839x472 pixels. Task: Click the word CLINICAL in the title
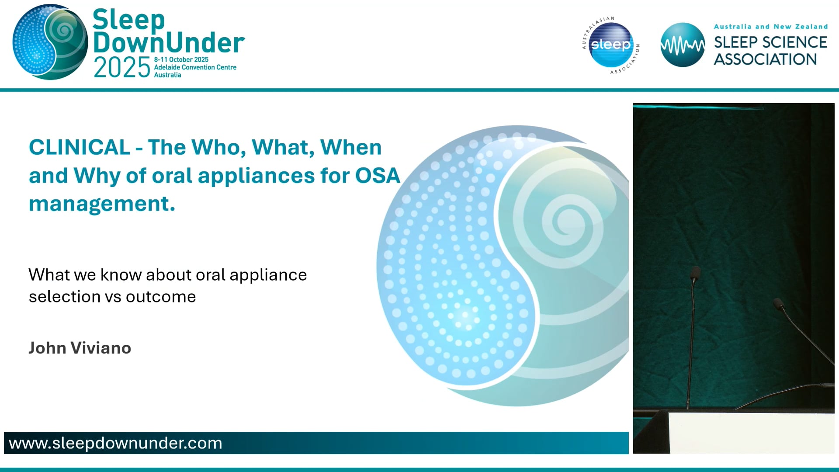[x=79, y=147]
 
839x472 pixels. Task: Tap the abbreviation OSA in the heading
[x=378, y=176]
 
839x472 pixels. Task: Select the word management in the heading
[x=102, y=204]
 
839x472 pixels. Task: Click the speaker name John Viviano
[x=80, y=348]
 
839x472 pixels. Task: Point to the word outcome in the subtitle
[x=161, y=297]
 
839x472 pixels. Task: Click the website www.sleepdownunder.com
[x=115, y=443]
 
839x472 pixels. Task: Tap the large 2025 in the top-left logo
[x=122, y=68]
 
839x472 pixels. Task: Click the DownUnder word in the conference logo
[x=169, y=43]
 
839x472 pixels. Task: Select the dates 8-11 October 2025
[x=181, y=59]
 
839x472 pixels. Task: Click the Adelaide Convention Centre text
[x=195, y=67]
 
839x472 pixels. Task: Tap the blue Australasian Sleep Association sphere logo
[x=610, y=45]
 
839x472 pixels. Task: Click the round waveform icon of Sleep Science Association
[x=682, y=45]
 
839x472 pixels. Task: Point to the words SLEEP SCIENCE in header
[x=770, y=42]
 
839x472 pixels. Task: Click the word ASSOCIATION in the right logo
[x=765, y=59]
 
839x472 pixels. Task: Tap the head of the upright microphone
[x=695, y=273]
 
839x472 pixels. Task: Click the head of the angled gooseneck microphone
[x=778, y=303]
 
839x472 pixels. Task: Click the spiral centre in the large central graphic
[x=567, y=221]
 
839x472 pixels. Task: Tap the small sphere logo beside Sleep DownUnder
[x=50, y=42]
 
